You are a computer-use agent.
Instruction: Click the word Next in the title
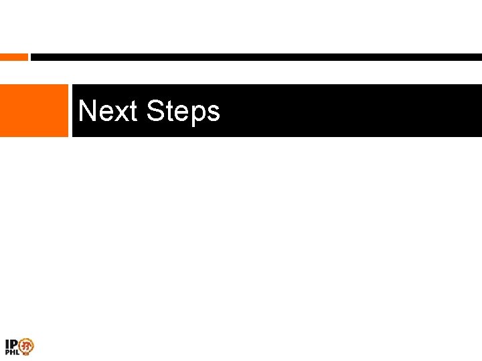coord(107,111)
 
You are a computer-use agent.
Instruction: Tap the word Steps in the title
coord(183,112)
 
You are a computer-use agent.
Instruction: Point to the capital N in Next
coord(86,111)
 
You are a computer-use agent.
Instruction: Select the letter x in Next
coord(118,113)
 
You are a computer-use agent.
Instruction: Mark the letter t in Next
coord(132,112)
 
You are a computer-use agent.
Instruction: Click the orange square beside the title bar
coord(33,110)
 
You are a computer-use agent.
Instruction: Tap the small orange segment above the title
coord(13,57)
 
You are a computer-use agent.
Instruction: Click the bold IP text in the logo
coord(11,344)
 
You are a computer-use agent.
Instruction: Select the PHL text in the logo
coord(12,352)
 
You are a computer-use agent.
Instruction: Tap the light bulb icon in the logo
coord(26,346)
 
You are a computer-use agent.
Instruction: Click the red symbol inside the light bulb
coord(26,346)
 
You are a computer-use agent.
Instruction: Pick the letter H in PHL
coord(12,352)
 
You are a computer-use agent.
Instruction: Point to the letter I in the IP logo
coord(7,344)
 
